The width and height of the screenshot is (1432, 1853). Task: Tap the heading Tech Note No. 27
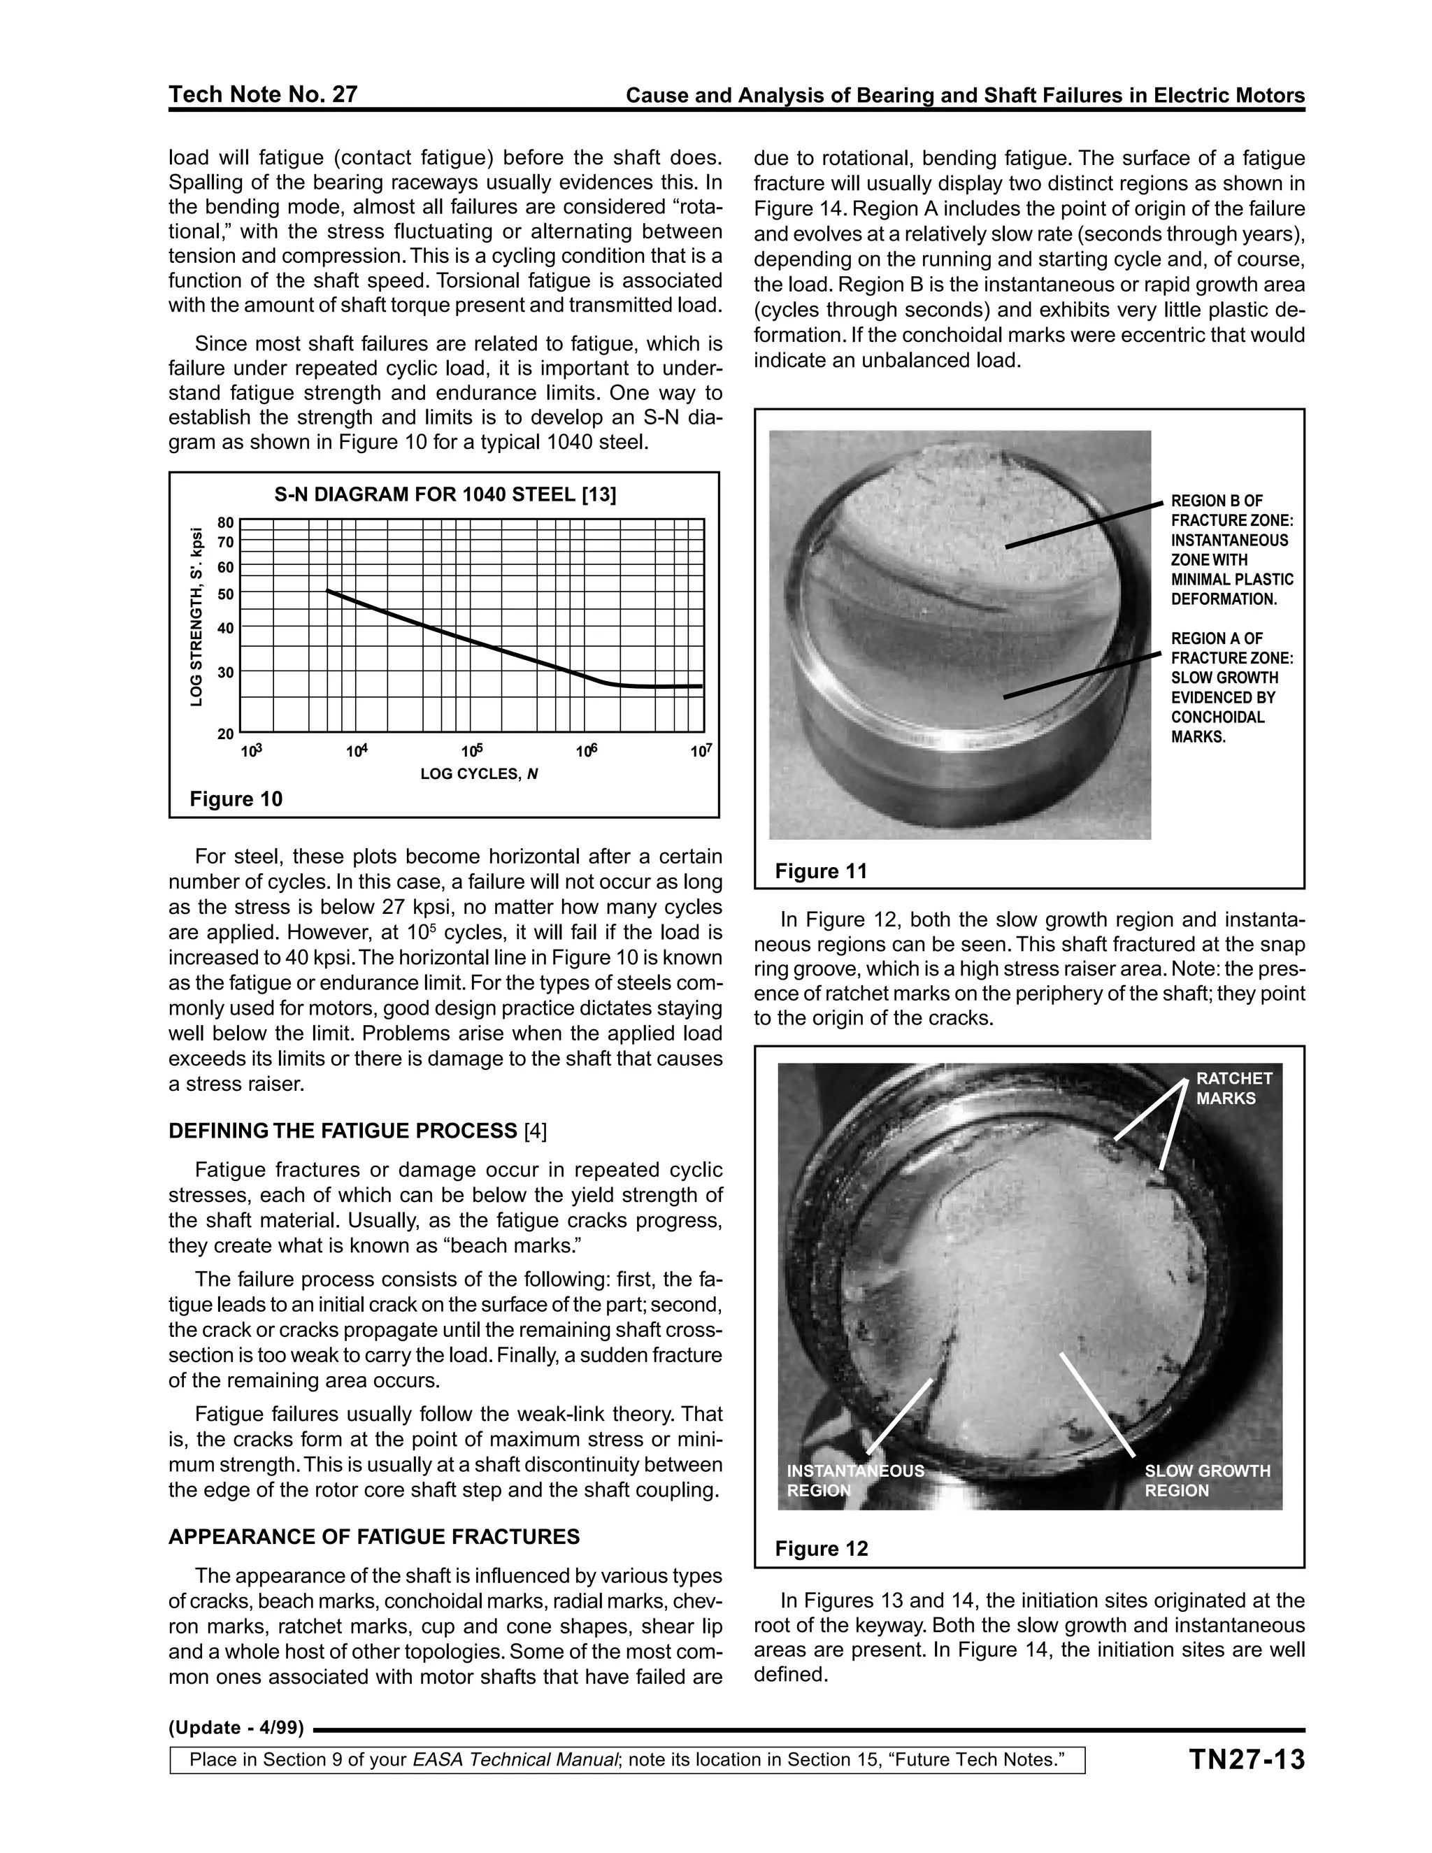pos(263,94)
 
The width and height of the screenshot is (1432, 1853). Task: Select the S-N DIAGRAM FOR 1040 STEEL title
pos(445,494)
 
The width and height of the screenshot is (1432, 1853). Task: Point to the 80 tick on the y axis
pos(226,522)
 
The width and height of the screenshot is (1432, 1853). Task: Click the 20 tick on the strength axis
pos(226,733)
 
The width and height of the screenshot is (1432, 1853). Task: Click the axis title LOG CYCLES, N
pos(479,774)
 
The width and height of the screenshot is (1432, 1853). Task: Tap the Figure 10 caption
pos(236,799)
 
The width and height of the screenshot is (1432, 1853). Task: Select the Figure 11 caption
pos(820,871)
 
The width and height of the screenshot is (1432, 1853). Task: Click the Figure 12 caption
pos(821,1548)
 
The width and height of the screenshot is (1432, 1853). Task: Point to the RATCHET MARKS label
pos(1233,1088)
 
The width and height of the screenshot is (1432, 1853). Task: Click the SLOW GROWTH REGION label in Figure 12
pos(1207,1480)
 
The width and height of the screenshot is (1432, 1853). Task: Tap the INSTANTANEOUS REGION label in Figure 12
pos(855,1480)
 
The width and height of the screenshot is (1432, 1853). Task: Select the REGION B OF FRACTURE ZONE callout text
pos(1232,550)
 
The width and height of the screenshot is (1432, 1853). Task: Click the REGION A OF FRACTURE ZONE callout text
pos(1232,687)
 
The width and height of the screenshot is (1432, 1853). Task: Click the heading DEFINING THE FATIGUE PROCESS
pos(343,1131)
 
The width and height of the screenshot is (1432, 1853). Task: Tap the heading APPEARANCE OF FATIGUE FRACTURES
pos(374,1536)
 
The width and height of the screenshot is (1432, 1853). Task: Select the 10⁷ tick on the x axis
pos(701,751)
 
